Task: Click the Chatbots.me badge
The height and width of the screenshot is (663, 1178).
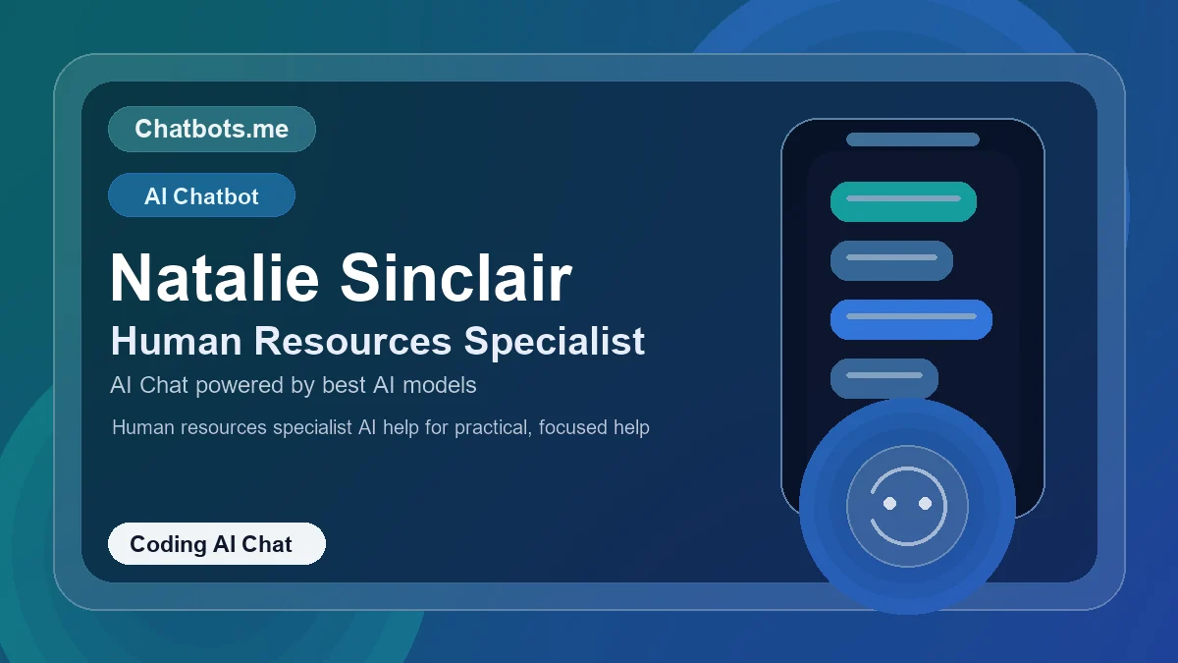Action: pyautogui.click(x=211, y=129)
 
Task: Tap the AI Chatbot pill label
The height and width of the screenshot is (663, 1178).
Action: pyautogui.click(x=201, y=195)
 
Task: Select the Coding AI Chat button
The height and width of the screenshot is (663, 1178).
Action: pyautogui.click(x=216, y=544)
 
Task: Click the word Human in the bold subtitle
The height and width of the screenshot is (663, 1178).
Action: pyautogui.click(x=176, y=341)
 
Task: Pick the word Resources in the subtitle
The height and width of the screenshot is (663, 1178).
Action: pyautogui.click(x=352, y=341)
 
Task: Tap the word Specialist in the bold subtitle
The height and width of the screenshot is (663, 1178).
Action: pyautogui.click(x=555, y=341)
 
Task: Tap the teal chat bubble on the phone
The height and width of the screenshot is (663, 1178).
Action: pyautogui.click(x=903, y=201)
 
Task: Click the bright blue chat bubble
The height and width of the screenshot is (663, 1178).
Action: pyautogui.click(x=911, y=319)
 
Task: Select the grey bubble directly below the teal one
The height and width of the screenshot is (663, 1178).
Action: pyautogui.click(x=891, y=260)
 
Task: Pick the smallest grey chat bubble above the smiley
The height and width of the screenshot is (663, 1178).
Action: pyautogui.click(x=884, y=378)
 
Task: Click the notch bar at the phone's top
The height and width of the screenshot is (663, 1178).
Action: pyautogui.click(x=913, y=139)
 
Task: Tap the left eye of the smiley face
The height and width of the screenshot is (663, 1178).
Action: pyautogui.click(x=890, y=503)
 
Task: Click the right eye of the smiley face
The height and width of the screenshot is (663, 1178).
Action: pyautogui.click(x=925, y=503)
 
